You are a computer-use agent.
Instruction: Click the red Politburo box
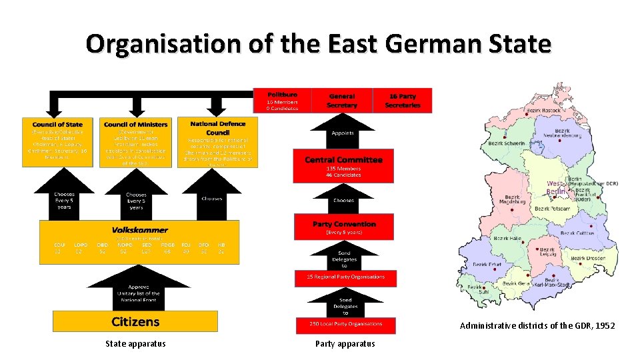click(x=282, y=100)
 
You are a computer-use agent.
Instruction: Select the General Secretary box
click(x=342, y=100)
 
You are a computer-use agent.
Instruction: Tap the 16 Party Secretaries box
click(x=402, y=100)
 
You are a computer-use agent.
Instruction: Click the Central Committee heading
click(x=343, y=160)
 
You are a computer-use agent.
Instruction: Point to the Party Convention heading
click(x=344, y=224)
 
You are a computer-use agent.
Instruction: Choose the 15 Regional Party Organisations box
click(x=345, y=277)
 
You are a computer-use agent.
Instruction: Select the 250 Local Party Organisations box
click(x=345, y=324)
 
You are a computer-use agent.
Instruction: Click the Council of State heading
click(x=57, y=124)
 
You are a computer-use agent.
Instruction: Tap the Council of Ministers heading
click(x=136, y=124)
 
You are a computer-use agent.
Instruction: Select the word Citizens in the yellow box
click(x=135, y=322)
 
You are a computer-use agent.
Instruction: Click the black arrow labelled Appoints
click(x=343, y=133)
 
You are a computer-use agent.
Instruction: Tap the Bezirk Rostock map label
click(x=542, y=111)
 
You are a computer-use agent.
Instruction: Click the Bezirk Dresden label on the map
click(x=587, y=258)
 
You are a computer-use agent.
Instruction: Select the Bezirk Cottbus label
click(x=577, y=233)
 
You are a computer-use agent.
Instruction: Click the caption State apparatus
click(x=135, y=344)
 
